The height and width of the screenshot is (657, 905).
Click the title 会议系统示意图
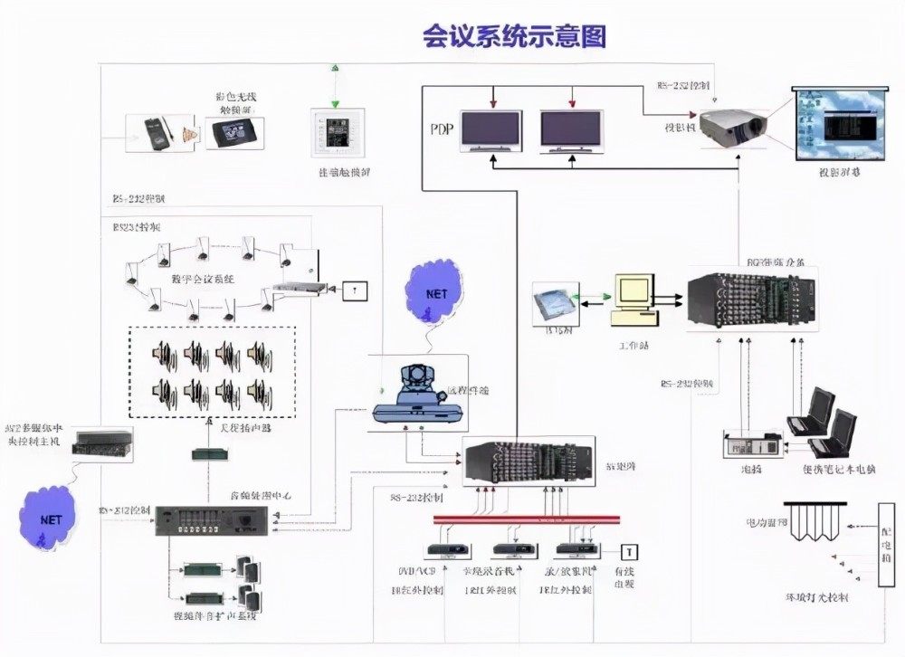click(513, 35)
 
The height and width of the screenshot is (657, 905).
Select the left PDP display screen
click(491, 130)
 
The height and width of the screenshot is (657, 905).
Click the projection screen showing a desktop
click(837, 121)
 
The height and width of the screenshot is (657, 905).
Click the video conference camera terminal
click(419, 399)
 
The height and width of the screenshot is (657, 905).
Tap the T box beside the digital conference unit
click(355, 290)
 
